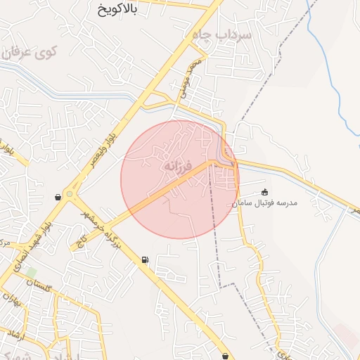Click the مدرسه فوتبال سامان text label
click(x=265, y=202)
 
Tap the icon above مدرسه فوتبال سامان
click(x=264, y=192)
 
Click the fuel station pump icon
click(x=145, y=260)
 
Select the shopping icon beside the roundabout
click(x=58, y=198)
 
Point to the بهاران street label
click(x=12, y=303)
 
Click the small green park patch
click(x=31, y=272)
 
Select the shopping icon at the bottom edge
click(x=225, y=356)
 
